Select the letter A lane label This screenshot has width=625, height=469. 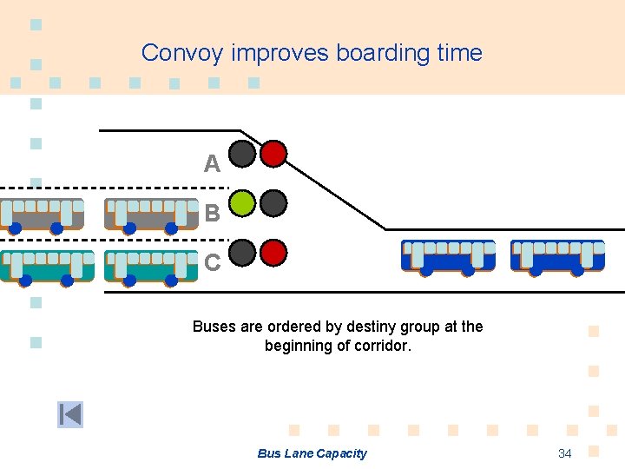point(212,163)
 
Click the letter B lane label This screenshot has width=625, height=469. point(212,213)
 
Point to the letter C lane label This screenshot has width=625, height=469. point(212,261)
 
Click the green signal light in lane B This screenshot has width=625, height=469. point(243,203)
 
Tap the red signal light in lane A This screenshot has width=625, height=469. point(274,154)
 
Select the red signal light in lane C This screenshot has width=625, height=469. point(274,253)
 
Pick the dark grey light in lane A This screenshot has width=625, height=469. point(243,154)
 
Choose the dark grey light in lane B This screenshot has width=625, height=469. point(274,203)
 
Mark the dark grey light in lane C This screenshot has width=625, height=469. point(243,253)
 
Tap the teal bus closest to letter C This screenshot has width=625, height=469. point(151,266)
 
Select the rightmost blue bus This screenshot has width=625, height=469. point(557,256)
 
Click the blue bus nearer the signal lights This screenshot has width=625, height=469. point(448,256)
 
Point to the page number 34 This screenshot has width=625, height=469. point(564,453)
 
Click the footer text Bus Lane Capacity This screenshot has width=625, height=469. point(312,453)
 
